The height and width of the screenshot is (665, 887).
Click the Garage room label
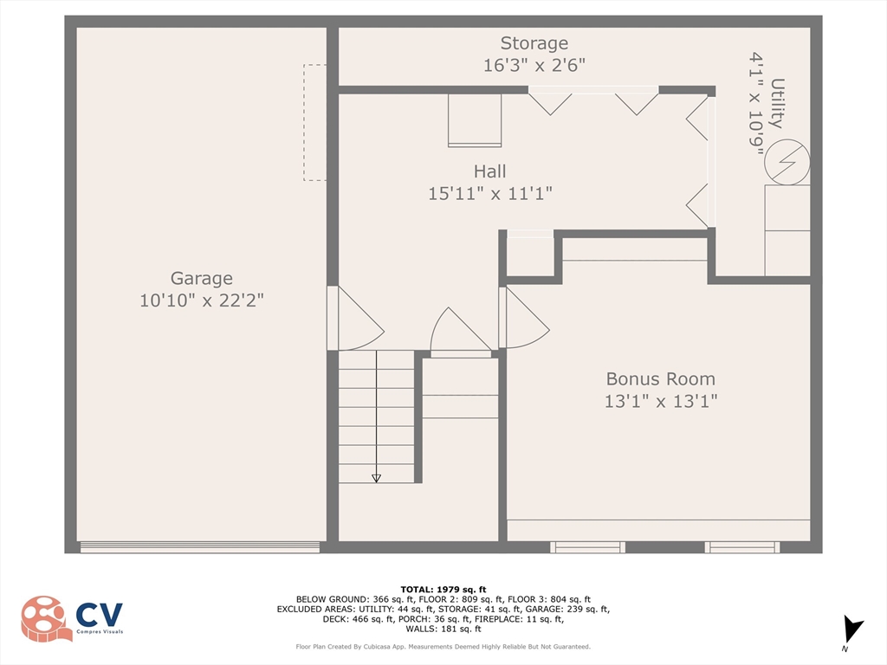click(201, 278)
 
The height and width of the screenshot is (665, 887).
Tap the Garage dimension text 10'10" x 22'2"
click(201, 300)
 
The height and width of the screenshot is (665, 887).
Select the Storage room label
click(534, 43)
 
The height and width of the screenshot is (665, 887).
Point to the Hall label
click(490, 171)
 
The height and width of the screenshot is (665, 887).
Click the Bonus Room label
click(661, 378)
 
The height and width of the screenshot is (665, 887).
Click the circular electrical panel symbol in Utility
click(787, 162)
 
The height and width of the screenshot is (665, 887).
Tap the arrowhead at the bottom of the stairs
click(376, 478)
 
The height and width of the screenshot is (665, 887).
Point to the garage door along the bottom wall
click(200, 547)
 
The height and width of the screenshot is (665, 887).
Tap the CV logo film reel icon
click(45, 618)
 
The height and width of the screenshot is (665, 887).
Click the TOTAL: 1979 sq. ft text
click(443, 589)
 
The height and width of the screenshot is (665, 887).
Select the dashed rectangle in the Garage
click(314, 123)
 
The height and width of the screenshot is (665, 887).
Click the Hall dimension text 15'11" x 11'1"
click(490, 193)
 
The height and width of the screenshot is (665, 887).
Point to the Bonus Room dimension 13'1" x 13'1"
click(661, 401)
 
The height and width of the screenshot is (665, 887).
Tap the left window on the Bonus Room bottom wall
click(588, 547)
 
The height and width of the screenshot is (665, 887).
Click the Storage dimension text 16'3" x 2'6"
click(534, 65)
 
